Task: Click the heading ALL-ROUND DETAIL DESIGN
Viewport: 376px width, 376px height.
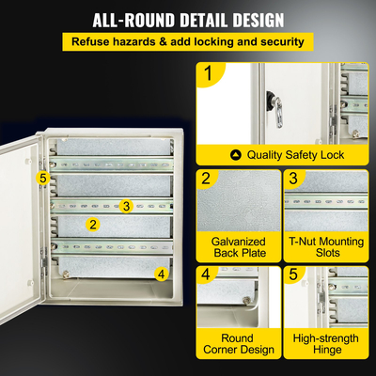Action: point(188,20)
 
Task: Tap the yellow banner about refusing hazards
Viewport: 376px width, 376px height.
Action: point(188,42)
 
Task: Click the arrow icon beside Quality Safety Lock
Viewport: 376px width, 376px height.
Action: point(236,155)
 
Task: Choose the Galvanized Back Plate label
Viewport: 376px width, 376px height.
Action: point(239,247)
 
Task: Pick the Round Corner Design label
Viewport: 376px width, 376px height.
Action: point(239,344)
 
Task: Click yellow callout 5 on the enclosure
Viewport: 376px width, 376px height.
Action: point(42,176)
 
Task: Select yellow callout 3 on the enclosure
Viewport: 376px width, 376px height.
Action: point(126,205)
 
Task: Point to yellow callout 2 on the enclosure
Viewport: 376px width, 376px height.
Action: point(92,224)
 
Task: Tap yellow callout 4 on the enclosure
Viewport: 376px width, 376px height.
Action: point(161,274)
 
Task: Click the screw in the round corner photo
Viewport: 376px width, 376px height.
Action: point(246,300)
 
